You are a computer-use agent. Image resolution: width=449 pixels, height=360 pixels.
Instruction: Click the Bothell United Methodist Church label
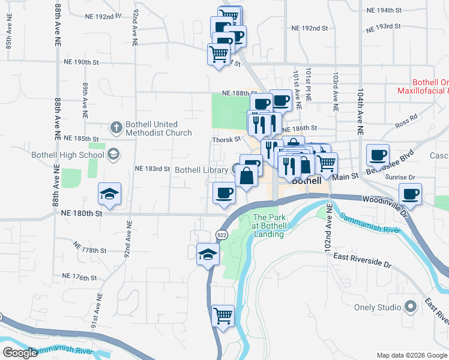click(158, 129)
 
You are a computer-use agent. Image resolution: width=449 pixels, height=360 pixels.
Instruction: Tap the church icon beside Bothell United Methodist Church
click(116, 127)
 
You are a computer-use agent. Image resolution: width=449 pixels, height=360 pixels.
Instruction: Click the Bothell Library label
click(201, 170)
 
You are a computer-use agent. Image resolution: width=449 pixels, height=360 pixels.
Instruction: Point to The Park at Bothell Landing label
click(268, 226)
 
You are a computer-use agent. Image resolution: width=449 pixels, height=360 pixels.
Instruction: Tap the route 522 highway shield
click(222, 235)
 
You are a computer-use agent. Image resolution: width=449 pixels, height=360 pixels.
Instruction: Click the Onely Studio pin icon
click(411, 307)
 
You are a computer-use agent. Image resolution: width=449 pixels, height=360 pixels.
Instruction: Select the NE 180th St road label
click(79, 212)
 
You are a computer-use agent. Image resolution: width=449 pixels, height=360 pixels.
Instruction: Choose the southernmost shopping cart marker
click(223, 314)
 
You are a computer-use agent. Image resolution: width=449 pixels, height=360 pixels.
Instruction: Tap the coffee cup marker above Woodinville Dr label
click(411, 194)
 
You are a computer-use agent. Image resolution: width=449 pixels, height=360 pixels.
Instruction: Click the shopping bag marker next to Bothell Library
click(247, 176)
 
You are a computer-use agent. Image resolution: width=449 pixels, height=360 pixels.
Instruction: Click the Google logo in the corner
click(20, 353)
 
